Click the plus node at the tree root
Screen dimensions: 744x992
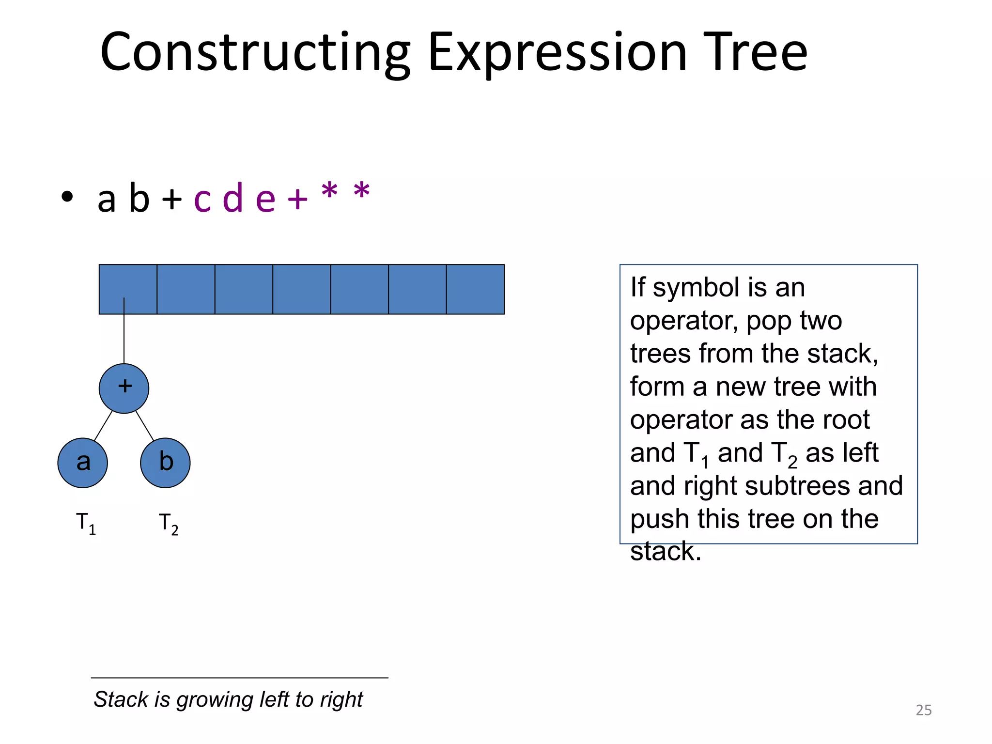124,388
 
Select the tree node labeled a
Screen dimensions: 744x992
83,463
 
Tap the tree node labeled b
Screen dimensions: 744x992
165,463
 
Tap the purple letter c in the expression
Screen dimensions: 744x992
202,199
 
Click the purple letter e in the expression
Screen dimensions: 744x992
265,199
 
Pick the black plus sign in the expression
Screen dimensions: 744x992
172,199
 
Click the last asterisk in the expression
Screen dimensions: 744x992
362,191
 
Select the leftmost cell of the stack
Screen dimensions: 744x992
128,289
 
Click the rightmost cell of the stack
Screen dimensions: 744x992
475,289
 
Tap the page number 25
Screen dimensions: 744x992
923,710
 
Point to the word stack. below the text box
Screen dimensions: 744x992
665,552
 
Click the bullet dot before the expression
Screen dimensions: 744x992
67,197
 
